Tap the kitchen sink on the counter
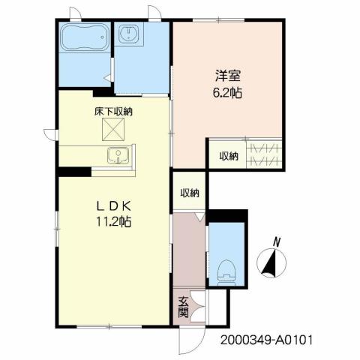[117, 156]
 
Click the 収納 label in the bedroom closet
[229, 156]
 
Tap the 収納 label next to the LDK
[189, 193]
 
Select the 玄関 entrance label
[183, 307]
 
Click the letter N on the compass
[276, 241]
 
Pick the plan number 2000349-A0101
[266, 339]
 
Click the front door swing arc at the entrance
[190, 340]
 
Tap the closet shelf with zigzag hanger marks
[265, 155]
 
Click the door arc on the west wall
[49, 133]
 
